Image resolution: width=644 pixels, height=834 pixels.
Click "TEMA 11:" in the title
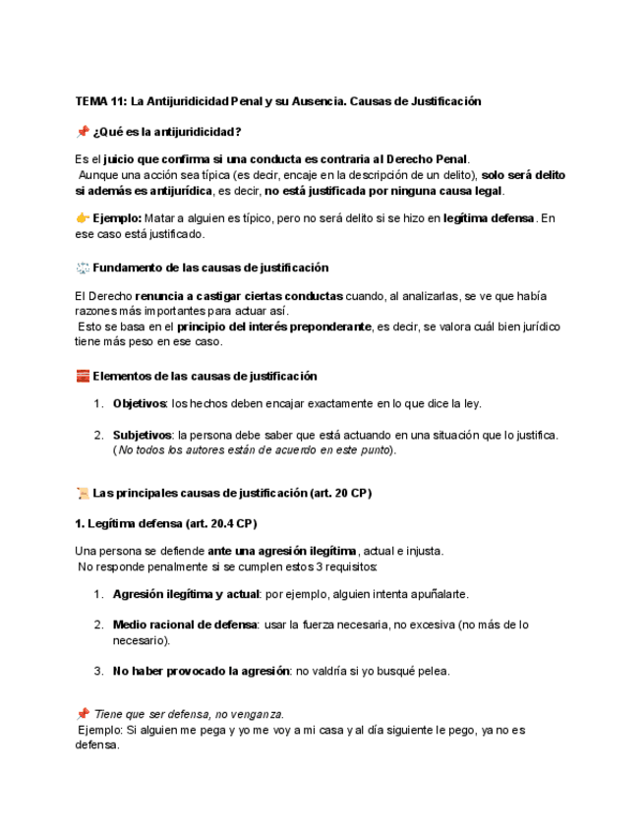click(x=101, y=101)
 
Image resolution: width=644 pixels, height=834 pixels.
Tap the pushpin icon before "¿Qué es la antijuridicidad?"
click(x=82, y=132)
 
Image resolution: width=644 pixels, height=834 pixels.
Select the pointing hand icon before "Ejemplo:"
click(x=82, y=219)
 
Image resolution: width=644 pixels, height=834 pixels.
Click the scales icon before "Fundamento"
click(x=82, y=268)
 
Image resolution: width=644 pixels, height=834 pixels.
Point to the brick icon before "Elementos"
click(x=82, y=376)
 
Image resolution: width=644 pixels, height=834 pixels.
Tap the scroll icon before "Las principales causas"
click(x=82, y=493)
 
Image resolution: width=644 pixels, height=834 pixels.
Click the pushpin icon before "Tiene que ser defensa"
click(x=82, y=714)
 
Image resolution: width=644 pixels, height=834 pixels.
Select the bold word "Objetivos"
click(x=141, y=404)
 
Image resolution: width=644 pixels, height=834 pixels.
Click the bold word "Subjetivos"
click(x=143, y=435)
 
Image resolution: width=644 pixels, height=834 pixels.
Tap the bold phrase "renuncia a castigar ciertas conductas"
click(x=240, y=296)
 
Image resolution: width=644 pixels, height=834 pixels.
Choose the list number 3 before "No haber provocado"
click(x=98, y=672)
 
